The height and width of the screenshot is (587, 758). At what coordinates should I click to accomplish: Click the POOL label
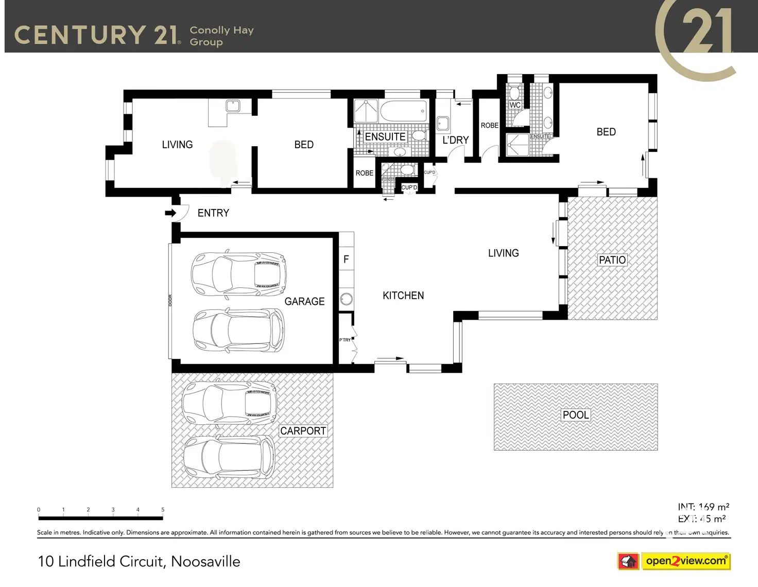(x=575, y=415)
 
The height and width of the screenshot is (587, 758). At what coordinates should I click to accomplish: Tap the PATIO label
(x=612, y=260)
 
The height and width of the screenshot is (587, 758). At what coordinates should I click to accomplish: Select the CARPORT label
(x=303, y=431)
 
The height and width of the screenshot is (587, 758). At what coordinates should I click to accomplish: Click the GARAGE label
(x=304, y=302)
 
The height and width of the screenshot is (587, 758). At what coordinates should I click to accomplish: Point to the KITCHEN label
(x=403, y=296)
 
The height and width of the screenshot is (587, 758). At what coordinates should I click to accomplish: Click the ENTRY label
(x=213, y=213)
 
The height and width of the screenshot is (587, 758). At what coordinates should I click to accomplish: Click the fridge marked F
(x=346, y=260)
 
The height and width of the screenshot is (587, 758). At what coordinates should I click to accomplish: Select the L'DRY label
(x=456, y=140)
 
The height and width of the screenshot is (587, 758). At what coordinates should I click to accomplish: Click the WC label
(x=515, y=105)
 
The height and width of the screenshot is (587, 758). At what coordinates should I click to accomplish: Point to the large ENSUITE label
(x=385, y=137)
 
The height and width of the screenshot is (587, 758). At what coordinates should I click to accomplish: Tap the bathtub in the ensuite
(x=403, y=111)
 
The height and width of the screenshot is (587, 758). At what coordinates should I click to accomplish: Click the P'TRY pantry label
(x=345, y=340)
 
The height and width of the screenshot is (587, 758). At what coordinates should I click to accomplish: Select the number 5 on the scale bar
(x=163, y=510)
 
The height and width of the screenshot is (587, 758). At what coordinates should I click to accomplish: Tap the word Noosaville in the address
(x=205, y=561)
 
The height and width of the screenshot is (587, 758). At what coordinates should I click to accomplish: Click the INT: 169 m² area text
(x=703, y=507)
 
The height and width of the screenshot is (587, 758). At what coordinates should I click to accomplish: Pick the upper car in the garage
(x=238, y=274)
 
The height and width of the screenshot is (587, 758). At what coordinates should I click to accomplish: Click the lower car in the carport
(x=229, y=456)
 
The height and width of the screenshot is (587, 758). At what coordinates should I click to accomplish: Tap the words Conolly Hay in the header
(x=221, y=30)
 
